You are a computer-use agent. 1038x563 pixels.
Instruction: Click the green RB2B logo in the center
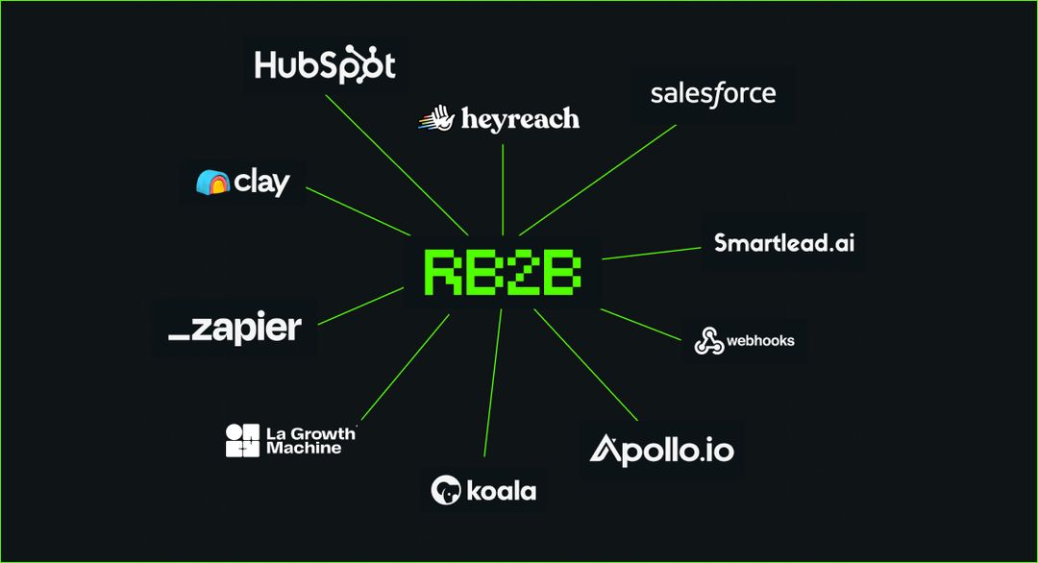502,273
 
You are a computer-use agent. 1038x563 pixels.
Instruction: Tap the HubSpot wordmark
324,65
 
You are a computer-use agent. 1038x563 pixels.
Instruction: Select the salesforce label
712,94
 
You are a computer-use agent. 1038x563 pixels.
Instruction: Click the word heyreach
520,119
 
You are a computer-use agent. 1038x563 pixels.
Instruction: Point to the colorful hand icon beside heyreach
434,119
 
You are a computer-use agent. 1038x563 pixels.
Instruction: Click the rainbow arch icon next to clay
211,182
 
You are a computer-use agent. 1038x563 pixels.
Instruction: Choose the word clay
261,182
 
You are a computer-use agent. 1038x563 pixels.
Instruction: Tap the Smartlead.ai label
783,242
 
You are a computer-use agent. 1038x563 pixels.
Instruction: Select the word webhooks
760,340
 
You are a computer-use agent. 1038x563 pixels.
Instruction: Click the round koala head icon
445,490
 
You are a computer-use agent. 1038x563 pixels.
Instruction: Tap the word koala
501,491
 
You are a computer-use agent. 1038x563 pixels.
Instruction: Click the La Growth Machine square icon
242,440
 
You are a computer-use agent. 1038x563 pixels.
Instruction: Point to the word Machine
304,448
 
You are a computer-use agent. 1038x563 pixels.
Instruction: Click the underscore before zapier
179,337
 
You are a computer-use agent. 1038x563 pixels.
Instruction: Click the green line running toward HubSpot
397,162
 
